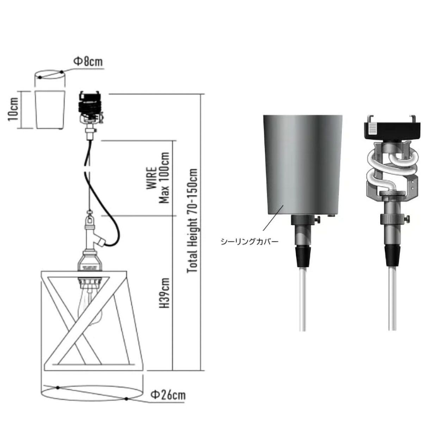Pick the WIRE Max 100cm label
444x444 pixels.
tap(159, 178)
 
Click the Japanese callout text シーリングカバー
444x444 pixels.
tap(249, 242)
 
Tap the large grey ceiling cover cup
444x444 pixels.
tap(303, 165)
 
